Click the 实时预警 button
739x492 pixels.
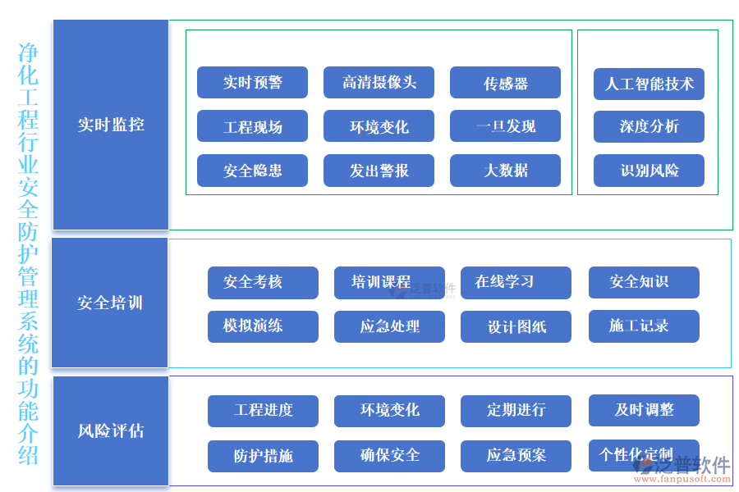click(252, 83)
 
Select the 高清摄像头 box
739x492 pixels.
click(379, 83)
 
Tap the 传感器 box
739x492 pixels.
click(505, 83)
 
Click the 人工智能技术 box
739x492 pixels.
click(649, 84)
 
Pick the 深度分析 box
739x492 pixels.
click(649, 127)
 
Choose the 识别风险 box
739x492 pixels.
click(649, 171)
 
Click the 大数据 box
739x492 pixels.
click(505, 171)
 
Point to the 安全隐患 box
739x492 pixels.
click(252, 171)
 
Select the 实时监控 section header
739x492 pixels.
click(111, 125)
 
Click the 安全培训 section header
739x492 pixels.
click(110, 303)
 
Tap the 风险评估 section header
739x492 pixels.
click(110, 430)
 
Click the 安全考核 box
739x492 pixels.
click(263, 282)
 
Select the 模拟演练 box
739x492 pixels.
click(263, 326)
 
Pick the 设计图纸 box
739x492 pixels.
click(516, 326)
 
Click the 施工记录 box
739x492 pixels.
click(644, 326)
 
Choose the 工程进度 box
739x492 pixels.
click(263, 411)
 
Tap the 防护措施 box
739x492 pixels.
click(263, 456)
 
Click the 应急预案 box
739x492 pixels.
click(516, 456)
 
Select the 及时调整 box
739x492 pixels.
click(644, 410)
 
